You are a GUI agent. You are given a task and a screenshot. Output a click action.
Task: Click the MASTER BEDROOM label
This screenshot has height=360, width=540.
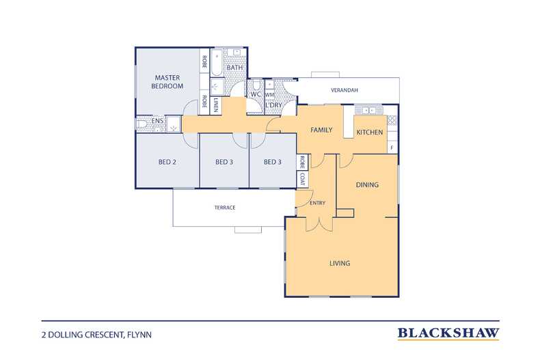coord(167,82)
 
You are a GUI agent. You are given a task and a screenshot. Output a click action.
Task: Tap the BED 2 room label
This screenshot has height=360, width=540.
coord(167,162)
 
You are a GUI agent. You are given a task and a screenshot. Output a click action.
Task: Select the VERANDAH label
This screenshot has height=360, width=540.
coord(345,90)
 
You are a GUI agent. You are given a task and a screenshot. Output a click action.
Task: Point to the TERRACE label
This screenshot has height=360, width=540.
coord(225,208)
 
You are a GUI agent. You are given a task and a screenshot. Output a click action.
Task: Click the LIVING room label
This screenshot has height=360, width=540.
coord(340,263)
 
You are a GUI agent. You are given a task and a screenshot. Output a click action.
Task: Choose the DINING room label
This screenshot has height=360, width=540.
coord(367,185)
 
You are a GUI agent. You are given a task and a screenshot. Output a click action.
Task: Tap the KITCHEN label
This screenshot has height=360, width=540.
coord(370,132)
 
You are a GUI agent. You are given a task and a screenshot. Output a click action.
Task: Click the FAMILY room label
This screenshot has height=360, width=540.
coord(321,130)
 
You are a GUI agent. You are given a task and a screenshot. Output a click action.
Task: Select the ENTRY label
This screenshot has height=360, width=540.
coord(318,203)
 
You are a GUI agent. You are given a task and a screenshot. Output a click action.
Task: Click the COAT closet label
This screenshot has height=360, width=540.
coord(302,179)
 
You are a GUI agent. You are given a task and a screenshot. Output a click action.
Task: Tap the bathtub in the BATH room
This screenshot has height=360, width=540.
coord(217,62)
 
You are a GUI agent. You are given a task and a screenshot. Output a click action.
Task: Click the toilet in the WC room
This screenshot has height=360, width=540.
coord(256,85)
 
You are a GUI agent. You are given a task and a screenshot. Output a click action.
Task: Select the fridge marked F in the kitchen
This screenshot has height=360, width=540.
coord(392,148)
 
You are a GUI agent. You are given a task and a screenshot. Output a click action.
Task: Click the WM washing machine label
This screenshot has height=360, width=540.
coord(269,94)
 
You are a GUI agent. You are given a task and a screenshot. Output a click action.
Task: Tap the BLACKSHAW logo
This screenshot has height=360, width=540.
coord(448,333)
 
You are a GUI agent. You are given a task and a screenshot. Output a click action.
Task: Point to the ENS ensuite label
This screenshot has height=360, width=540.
coord(157,121)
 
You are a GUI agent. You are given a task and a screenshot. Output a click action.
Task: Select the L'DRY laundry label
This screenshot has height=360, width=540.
coord(274,105)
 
